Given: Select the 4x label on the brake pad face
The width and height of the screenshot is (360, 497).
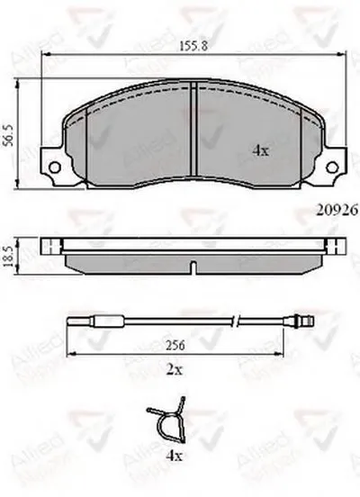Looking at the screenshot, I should point(261,151).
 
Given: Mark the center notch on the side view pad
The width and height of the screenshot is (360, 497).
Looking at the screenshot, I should point(194,267).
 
